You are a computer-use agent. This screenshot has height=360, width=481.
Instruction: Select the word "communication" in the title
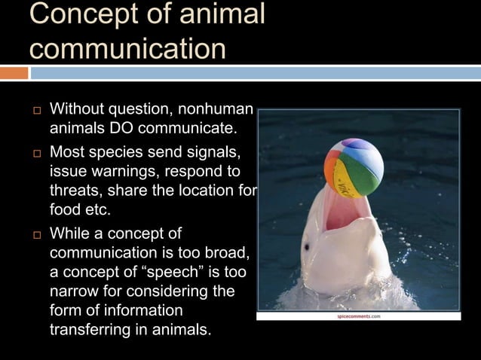point(127,47)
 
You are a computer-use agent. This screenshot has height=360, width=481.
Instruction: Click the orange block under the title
point(14,73)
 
